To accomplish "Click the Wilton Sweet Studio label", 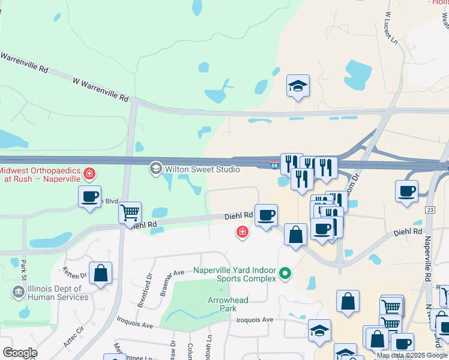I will pos(202,169).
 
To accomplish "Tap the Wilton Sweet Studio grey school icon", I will pos(156,169).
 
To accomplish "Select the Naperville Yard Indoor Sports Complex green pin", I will pos(286,274).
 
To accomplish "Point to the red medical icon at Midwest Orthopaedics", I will pos(89,174).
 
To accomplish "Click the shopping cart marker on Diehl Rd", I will pos(130,212).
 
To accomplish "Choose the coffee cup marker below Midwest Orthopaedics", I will pos(90,196).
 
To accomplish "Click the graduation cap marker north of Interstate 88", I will pos(298,86).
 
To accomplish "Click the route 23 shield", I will pos(430,210).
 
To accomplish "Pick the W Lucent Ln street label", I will pos(391,28).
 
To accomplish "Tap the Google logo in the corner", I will pos(19,353).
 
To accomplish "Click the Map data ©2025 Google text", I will pos(412,355).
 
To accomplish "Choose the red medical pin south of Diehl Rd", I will pos(243,232).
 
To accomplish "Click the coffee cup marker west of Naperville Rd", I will pos(406,191).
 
